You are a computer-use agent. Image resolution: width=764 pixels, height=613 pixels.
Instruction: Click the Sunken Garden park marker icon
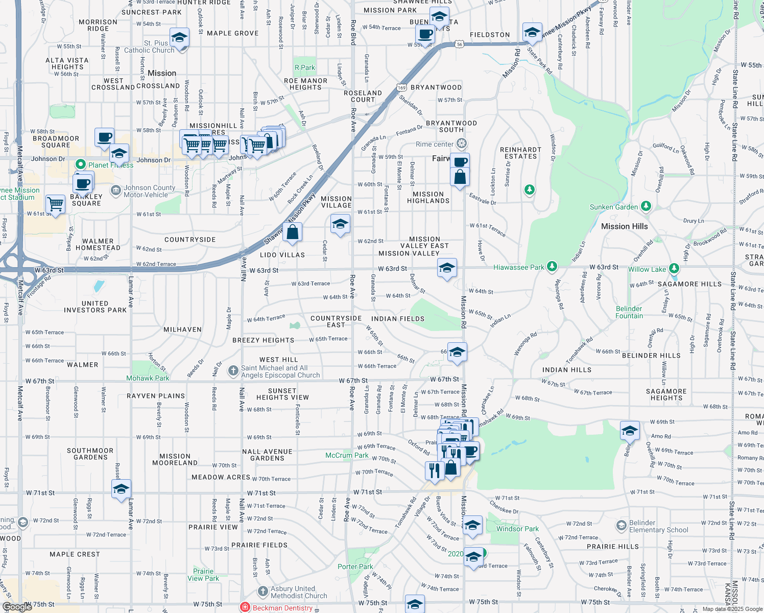[646, 206]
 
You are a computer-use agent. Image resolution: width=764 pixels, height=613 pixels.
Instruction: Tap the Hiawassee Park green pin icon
[552, 267]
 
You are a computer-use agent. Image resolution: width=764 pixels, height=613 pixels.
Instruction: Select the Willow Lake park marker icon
[674, 269]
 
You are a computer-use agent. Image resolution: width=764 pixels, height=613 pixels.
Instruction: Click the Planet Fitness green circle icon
[80, 164]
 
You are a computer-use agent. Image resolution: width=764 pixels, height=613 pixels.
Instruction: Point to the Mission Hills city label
[624, 226]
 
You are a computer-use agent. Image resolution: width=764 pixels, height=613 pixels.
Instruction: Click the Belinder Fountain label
[629, 312]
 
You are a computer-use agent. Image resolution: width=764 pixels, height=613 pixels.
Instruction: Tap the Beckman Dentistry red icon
[245, 607]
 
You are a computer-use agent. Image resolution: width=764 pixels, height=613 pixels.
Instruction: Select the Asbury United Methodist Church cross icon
[262, 592]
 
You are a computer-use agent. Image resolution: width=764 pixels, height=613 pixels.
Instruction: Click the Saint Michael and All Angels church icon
[233, 371]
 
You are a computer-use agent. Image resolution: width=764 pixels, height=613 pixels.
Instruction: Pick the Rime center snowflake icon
[462, 144]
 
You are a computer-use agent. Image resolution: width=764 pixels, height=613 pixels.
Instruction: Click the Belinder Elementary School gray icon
[621, 526]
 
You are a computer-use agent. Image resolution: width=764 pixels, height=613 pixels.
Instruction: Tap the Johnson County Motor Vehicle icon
[116, 191]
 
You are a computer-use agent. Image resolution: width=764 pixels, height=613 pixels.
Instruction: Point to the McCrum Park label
[347, 455]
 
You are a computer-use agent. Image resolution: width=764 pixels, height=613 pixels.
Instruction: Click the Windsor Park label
[517, 529]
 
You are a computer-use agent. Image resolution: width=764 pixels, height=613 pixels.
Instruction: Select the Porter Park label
[355, 567]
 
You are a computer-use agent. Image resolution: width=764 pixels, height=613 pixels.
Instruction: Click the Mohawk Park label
[148, 378]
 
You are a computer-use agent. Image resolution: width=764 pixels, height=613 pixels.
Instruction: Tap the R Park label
[305, 67]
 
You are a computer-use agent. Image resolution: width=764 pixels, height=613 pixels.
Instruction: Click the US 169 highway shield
[402, 88]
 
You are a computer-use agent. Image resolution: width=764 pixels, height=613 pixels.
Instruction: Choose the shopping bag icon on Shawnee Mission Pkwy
[293, 232]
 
